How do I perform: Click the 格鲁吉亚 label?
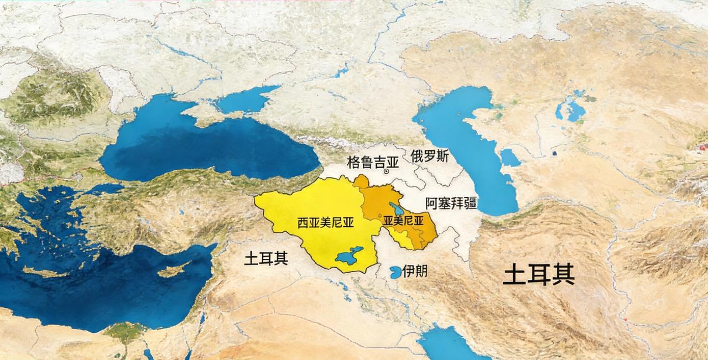[x=372, y=161]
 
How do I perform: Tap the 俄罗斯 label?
[x=429, y=156]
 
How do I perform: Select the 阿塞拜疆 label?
[x=451, y=202]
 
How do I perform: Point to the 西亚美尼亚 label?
[x=325, y=222]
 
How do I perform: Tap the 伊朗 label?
[x=415, y=271]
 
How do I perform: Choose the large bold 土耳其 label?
[x=538, y=274]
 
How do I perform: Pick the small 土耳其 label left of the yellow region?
[x=266, y=258]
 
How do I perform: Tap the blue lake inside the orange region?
[x=396, y=208]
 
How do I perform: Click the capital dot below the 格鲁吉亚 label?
[x=387, y=171]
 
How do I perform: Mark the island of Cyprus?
[x=173, y=270]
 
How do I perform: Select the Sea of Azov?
[x=246, y=100]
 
